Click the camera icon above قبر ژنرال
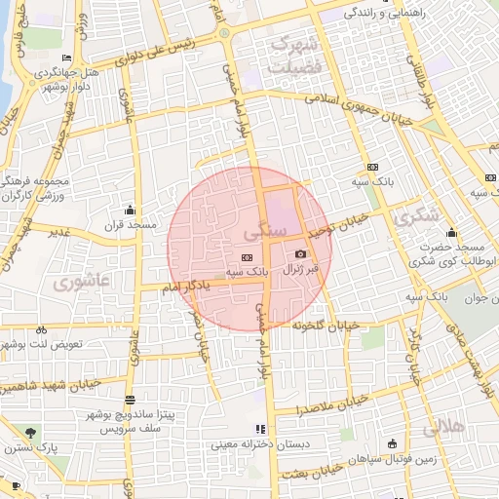point(299,253)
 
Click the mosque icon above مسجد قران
point(130,210)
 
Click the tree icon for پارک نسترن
point(31,432)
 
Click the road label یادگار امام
point(183,288)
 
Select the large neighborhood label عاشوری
point(85,283)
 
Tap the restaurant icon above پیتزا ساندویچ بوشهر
point(130,401)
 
